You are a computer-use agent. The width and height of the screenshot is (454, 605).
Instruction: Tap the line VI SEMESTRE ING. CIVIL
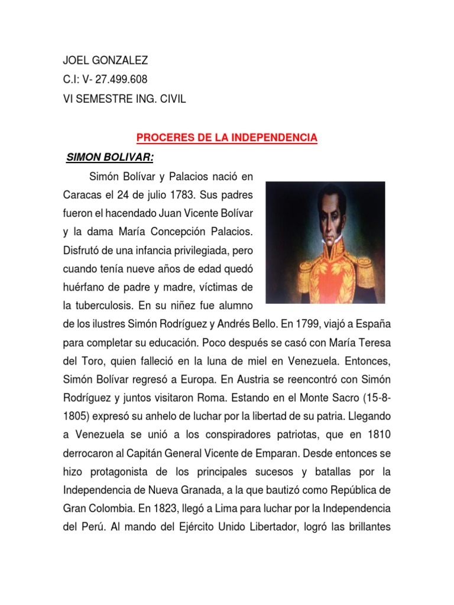pyautogui.click(x=124, y=99)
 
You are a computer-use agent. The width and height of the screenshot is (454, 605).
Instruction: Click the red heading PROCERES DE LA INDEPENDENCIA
pyautogui.click(x=227, y=138)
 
